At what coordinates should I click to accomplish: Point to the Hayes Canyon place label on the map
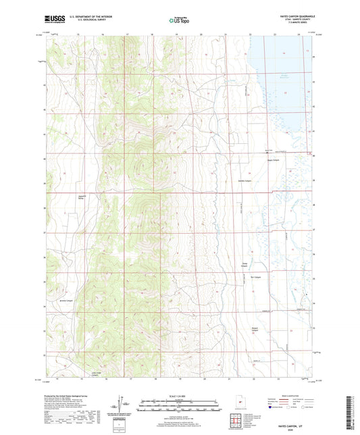[x=272, y=160]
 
